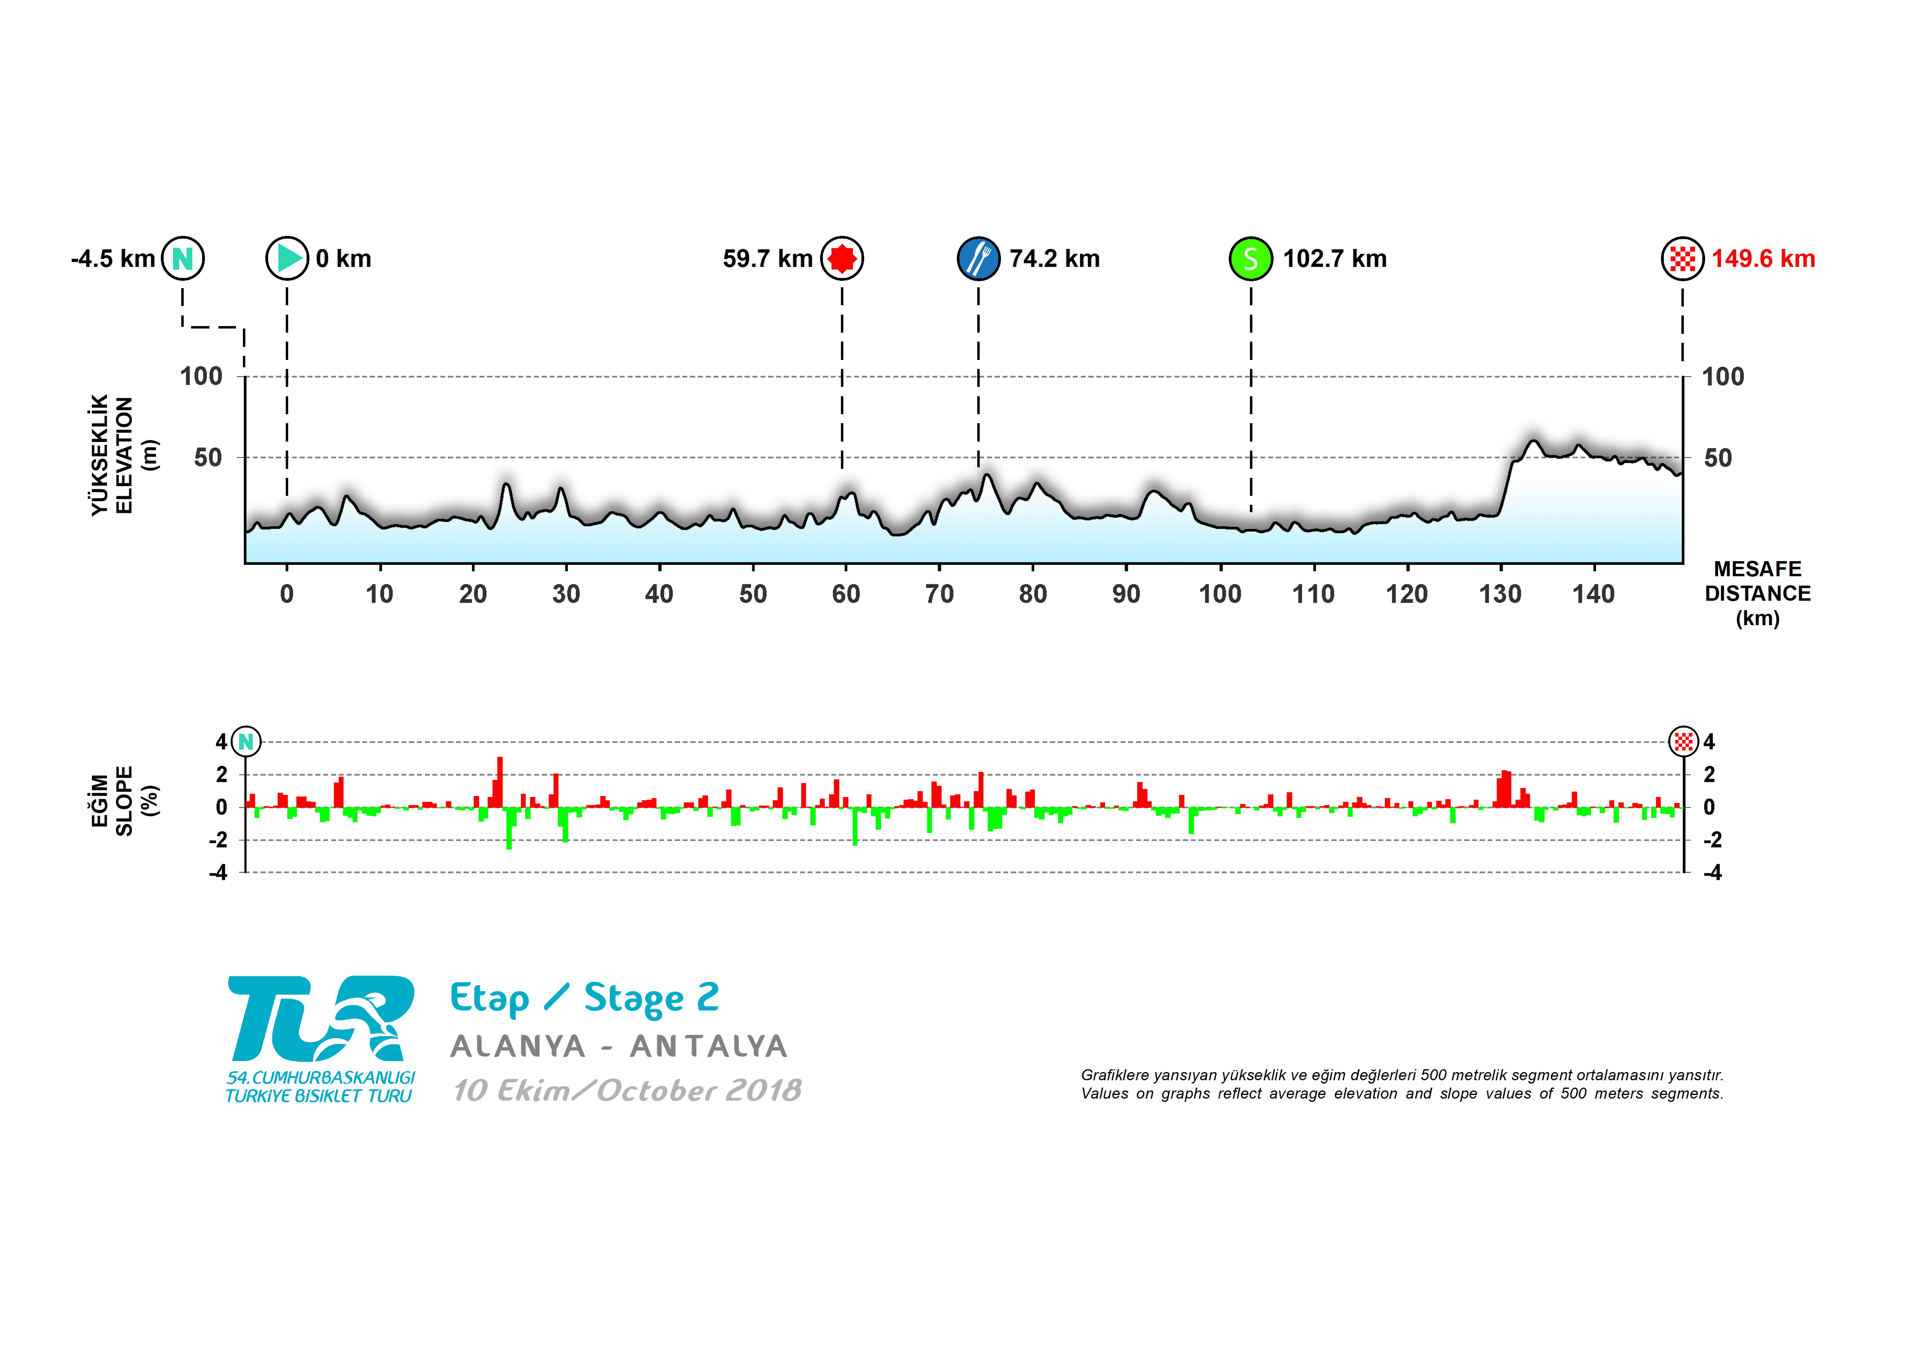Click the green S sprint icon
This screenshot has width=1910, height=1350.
(x=1250, y=259)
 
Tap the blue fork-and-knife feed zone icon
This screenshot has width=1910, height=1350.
(x=978, y=259)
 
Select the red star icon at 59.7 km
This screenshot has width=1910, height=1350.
(x=842, y=259)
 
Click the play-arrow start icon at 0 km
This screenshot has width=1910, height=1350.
(x=287, y=259)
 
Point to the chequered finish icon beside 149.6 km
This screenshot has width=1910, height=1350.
(x=1682, y=259)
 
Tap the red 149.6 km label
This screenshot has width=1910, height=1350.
(x=1763, y=259)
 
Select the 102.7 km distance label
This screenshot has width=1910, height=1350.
(x=1334, y=259)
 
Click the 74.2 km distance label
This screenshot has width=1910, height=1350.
(x=1054, y=259)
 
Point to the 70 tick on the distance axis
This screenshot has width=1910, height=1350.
(x=939, y=594)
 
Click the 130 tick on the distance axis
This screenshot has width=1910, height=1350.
(x=1500, y=594)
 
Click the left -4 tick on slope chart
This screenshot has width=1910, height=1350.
(x=218, y=873)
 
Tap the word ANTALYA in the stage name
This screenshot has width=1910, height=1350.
(x=708, y=1046)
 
